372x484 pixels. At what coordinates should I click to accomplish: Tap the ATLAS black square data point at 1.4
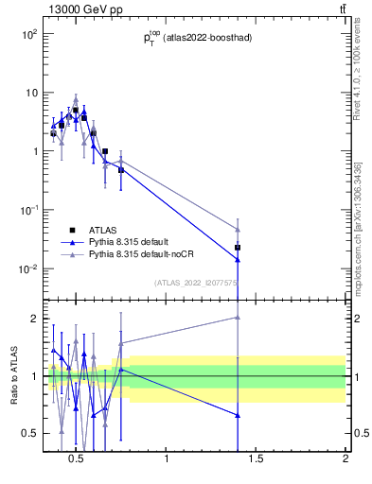point(238,248)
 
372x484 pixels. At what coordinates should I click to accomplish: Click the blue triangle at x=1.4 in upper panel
point(238,259)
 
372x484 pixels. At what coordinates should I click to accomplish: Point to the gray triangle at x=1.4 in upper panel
point(238,230)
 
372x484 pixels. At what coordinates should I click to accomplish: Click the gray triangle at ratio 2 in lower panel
point(238,318)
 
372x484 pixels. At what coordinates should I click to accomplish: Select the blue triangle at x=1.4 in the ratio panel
point(238,415)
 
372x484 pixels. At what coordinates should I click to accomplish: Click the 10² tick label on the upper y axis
point(29,34)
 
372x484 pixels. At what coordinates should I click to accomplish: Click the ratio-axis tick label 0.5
point(28,433)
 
